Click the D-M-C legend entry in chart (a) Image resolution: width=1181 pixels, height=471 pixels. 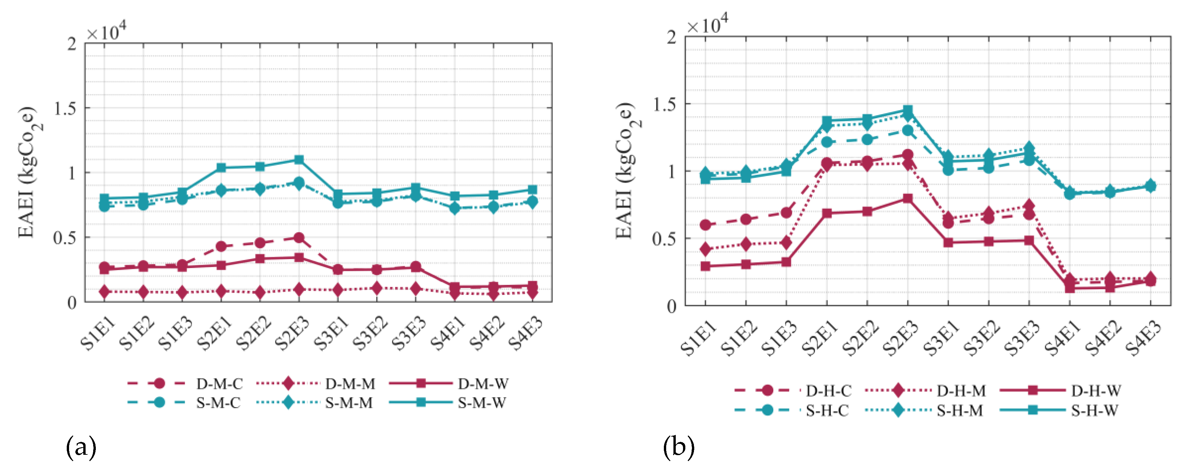pos(219,383)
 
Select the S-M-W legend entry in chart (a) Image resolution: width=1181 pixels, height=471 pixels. pos(481,403)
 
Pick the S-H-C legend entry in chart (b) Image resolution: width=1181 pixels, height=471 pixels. pos(827,410)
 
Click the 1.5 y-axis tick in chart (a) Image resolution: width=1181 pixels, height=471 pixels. pos(65,108)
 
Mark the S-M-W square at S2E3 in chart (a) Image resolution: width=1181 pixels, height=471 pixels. pos(299,160)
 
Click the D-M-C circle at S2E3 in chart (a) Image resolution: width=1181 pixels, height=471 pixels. pos(299,238)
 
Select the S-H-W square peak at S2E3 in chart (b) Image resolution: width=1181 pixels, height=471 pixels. pos(907,110)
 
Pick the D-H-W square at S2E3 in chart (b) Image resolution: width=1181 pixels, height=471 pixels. pos(907,198)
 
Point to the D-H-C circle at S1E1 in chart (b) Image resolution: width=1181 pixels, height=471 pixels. pos(705,225)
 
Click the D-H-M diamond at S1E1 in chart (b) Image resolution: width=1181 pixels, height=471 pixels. pos(705,250)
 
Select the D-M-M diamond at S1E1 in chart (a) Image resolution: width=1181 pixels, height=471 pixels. pos(104,292)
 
